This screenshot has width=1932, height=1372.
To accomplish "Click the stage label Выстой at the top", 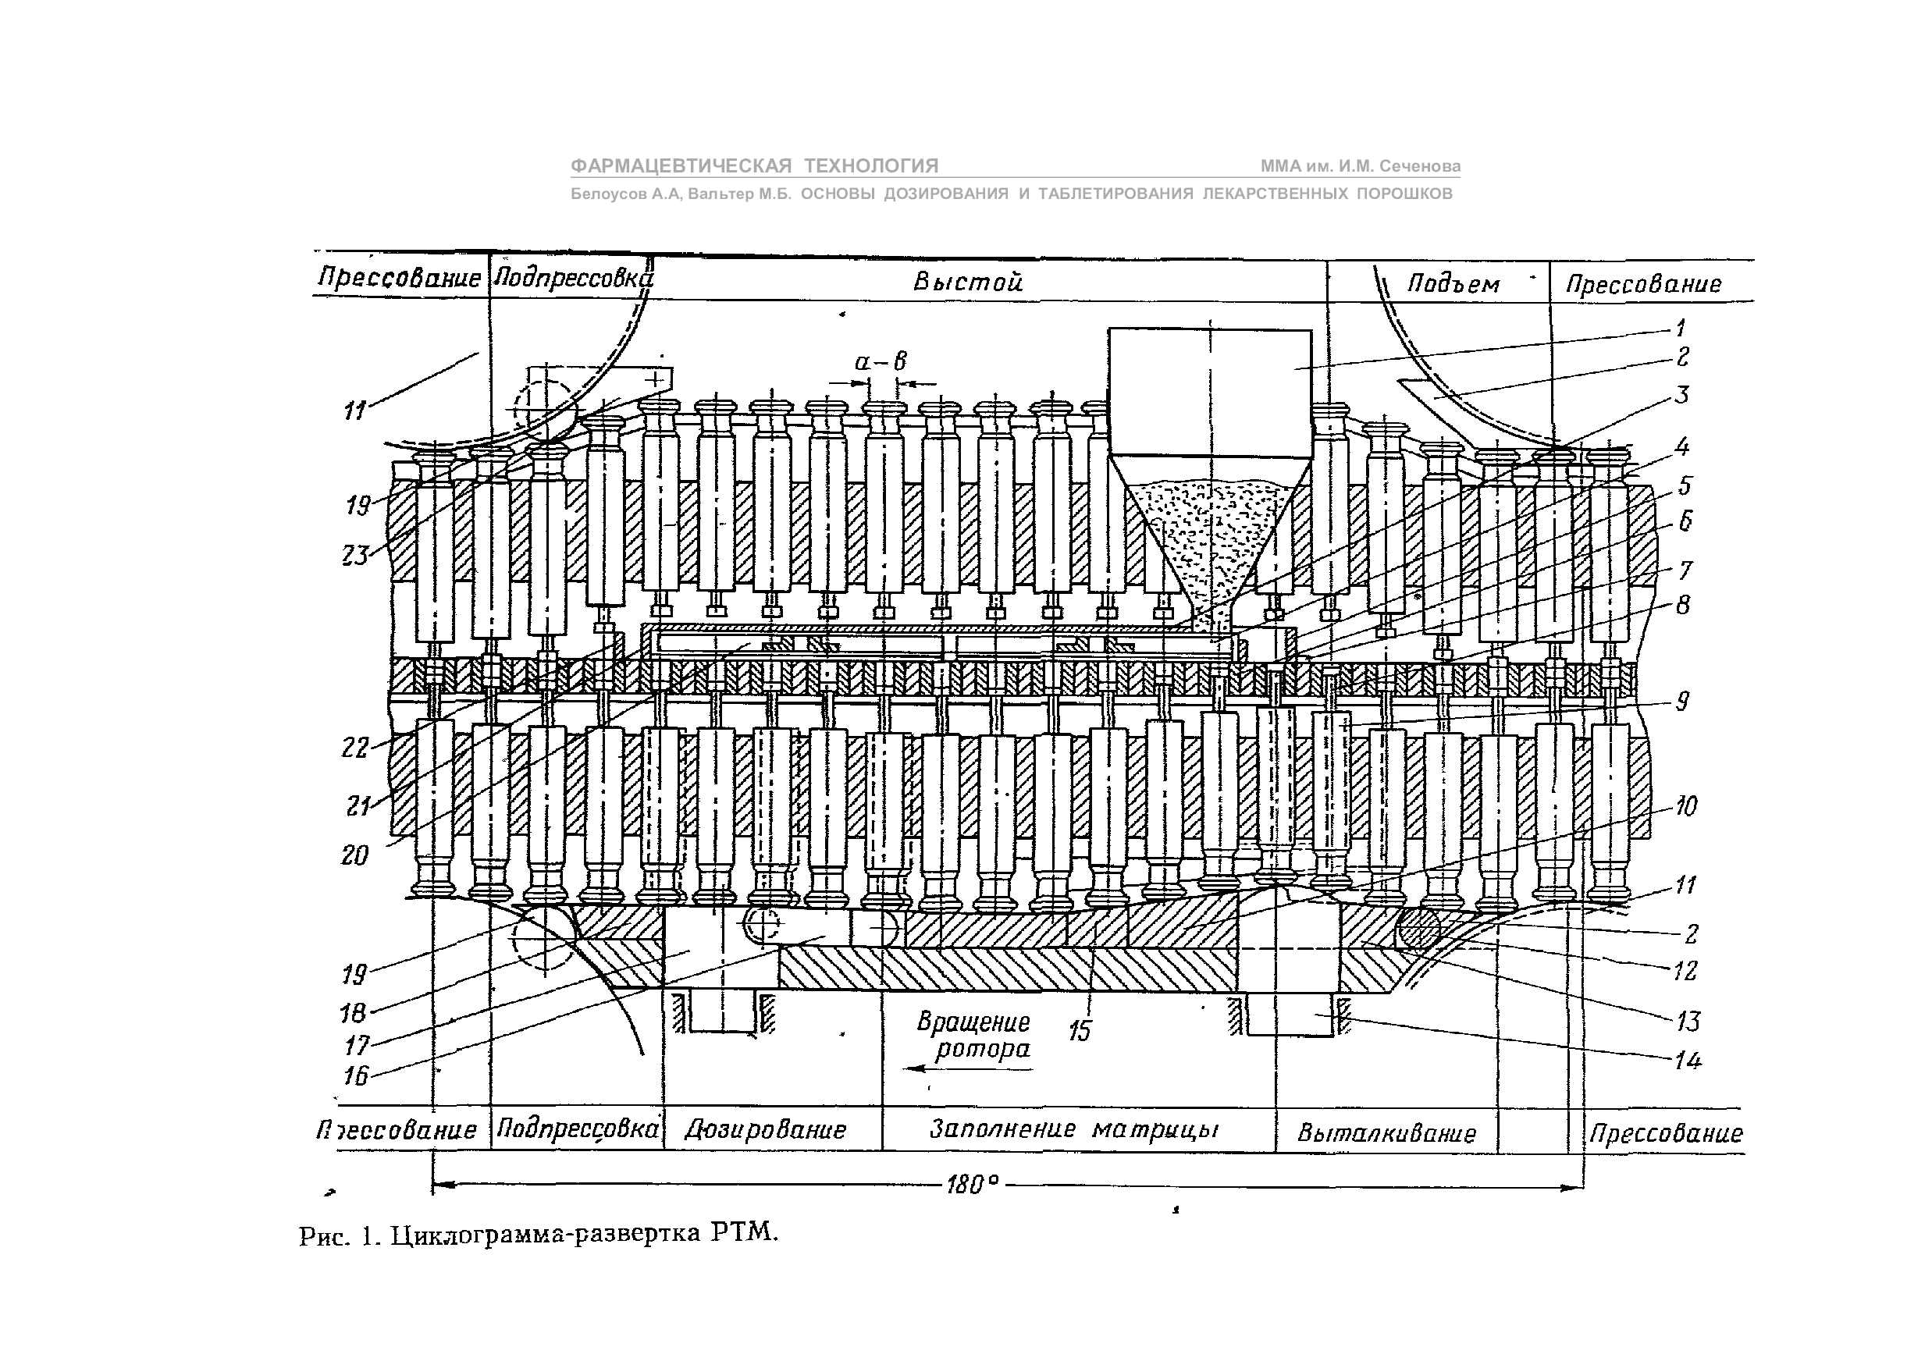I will [967, 283].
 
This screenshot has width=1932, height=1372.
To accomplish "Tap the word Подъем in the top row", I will [1453, 285].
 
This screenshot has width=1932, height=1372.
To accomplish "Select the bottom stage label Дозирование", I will [765, 1129].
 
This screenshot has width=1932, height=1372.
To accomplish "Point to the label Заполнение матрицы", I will [1073, 1129].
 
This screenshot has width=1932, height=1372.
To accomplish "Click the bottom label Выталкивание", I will [1386, 1133].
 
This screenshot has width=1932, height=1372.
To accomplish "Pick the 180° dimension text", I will [973, 1185].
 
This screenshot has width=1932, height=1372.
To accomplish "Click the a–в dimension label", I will [881, 362].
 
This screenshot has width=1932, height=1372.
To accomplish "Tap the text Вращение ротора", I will [975, 1036].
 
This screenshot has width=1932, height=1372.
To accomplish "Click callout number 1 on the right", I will [1681, 327].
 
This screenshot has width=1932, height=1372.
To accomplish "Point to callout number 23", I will [356, 555].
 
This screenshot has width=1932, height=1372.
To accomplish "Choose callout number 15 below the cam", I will [1080, 1031].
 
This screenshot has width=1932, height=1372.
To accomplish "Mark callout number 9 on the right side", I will [1682, 700].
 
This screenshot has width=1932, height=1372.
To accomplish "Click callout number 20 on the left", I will [355, 855].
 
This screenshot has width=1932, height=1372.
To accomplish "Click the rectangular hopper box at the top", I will [1209, 391].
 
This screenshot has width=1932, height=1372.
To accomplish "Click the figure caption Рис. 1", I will [538, 1235].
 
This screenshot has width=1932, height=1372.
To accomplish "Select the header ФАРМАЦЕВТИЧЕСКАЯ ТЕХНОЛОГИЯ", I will [754, 165].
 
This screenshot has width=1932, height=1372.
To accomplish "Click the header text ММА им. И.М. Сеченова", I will [1360, 166].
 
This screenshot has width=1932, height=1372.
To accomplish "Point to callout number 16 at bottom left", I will [356, 1075].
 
